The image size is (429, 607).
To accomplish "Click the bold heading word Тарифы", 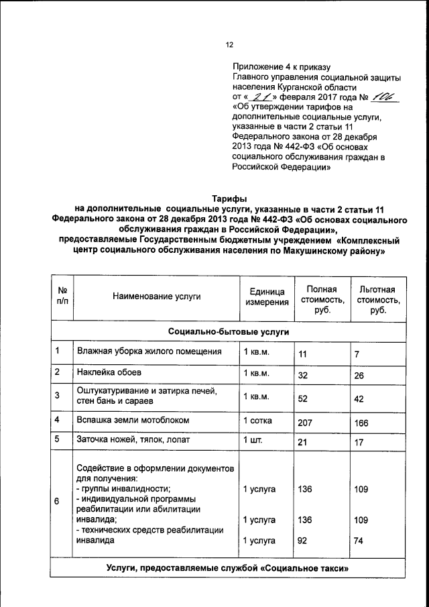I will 230,199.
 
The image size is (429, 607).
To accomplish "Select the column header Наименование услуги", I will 156,296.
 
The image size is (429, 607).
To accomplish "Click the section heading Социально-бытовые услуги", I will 229,332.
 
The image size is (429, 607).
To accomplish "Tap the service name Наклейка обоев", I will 109,372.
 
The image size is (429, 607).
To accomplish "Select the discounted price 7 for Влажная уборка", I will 357,353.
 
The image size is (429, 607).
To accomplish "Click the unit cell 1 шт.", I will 253,440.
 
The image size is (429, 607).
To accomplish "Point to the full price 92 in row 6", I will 303,540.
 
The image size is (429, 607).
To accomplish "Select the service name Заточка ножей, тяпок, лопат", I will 133,440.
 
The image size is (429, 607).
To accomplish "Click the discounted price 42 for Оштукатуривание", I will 359,398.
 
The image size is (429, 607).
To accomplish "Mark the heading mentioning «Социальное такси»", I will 229,568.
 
